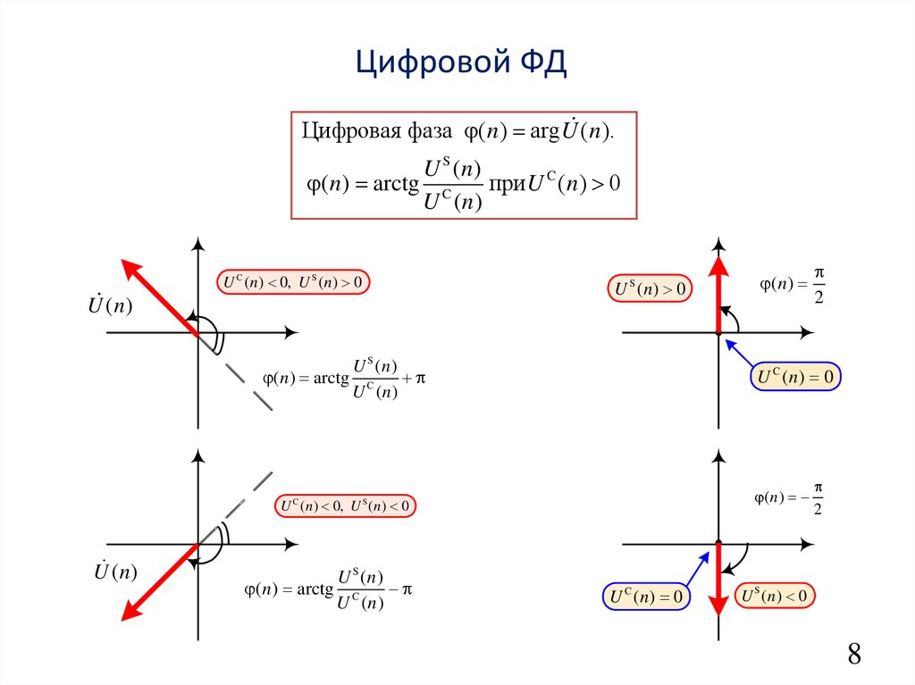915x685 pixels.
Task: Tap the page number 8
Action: coord(854,654)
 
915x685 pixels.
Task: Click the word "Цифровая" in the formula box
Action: coord(341,130)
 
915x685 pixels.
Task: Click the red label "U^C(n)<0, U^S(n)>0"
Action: coord(293,283)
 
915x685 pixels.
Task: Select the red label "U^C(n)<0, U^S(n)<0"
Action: coord(345,506)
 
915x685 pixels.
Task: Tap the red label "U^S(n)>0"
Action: coord(651,288)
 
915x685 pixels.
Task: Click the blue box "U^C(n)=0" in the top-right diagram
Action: coord(795,378)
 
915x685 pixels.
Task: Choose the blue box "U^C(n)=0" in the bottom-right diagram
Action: coord(648,597)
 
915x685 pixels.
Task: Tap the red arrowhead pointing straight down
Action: coord(718,605)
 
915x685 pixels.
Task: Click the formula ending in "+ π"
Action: coord(344,379)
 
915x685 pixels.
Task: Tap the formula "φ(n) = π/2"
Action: coord(791,286)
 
